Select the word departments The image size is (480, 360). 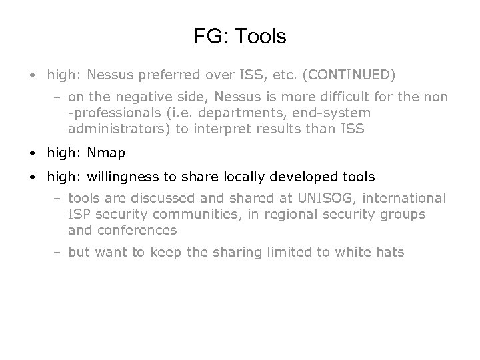(x=231, y=113)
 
